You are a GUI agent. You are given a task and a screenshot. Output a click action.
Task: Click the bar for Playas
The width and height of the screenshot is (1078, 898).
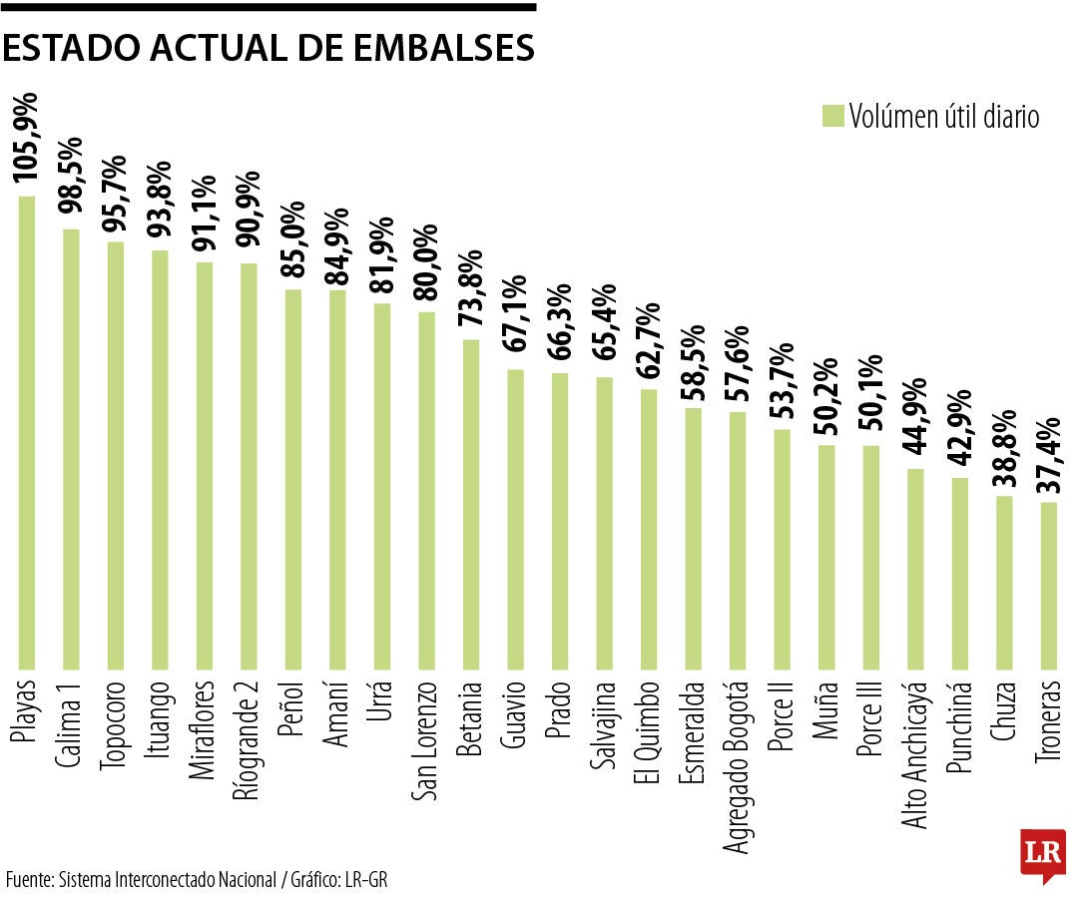[27, 431]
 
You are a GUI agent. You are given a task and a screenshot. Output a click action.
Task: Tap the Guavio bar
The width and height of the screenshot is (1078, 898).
[515, 518]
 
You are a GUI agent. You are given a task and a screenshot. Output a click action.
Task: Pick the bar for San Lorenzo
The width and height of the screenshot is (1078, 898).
[426, 489]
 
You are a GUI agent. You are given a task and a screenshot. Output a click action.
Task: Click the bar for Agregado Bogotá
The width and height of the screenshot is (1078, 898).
[738, 539]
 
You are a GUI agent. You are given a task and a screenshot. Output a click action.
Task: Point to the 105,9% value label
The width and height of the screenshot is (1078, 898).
[27, 138]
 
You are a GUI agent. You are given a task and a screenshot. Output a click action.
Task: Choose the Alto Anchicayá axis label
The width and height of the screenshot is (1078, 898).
[915, 755]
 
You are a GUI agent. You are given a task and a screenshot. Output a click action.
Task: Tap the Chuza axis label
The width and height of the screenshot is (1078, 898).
[1003, 711]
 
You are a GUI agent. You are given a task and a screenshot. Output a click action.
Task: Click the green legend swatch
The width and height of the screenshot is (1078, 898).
[832, 116]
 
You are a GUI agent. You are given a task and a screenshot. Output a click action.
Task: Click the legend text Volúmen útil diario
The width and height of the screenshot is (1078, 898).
[944, 117]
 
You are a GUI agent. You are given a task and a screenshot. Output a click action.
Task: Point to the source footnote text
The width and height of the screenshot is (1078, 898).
[197, 879]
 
